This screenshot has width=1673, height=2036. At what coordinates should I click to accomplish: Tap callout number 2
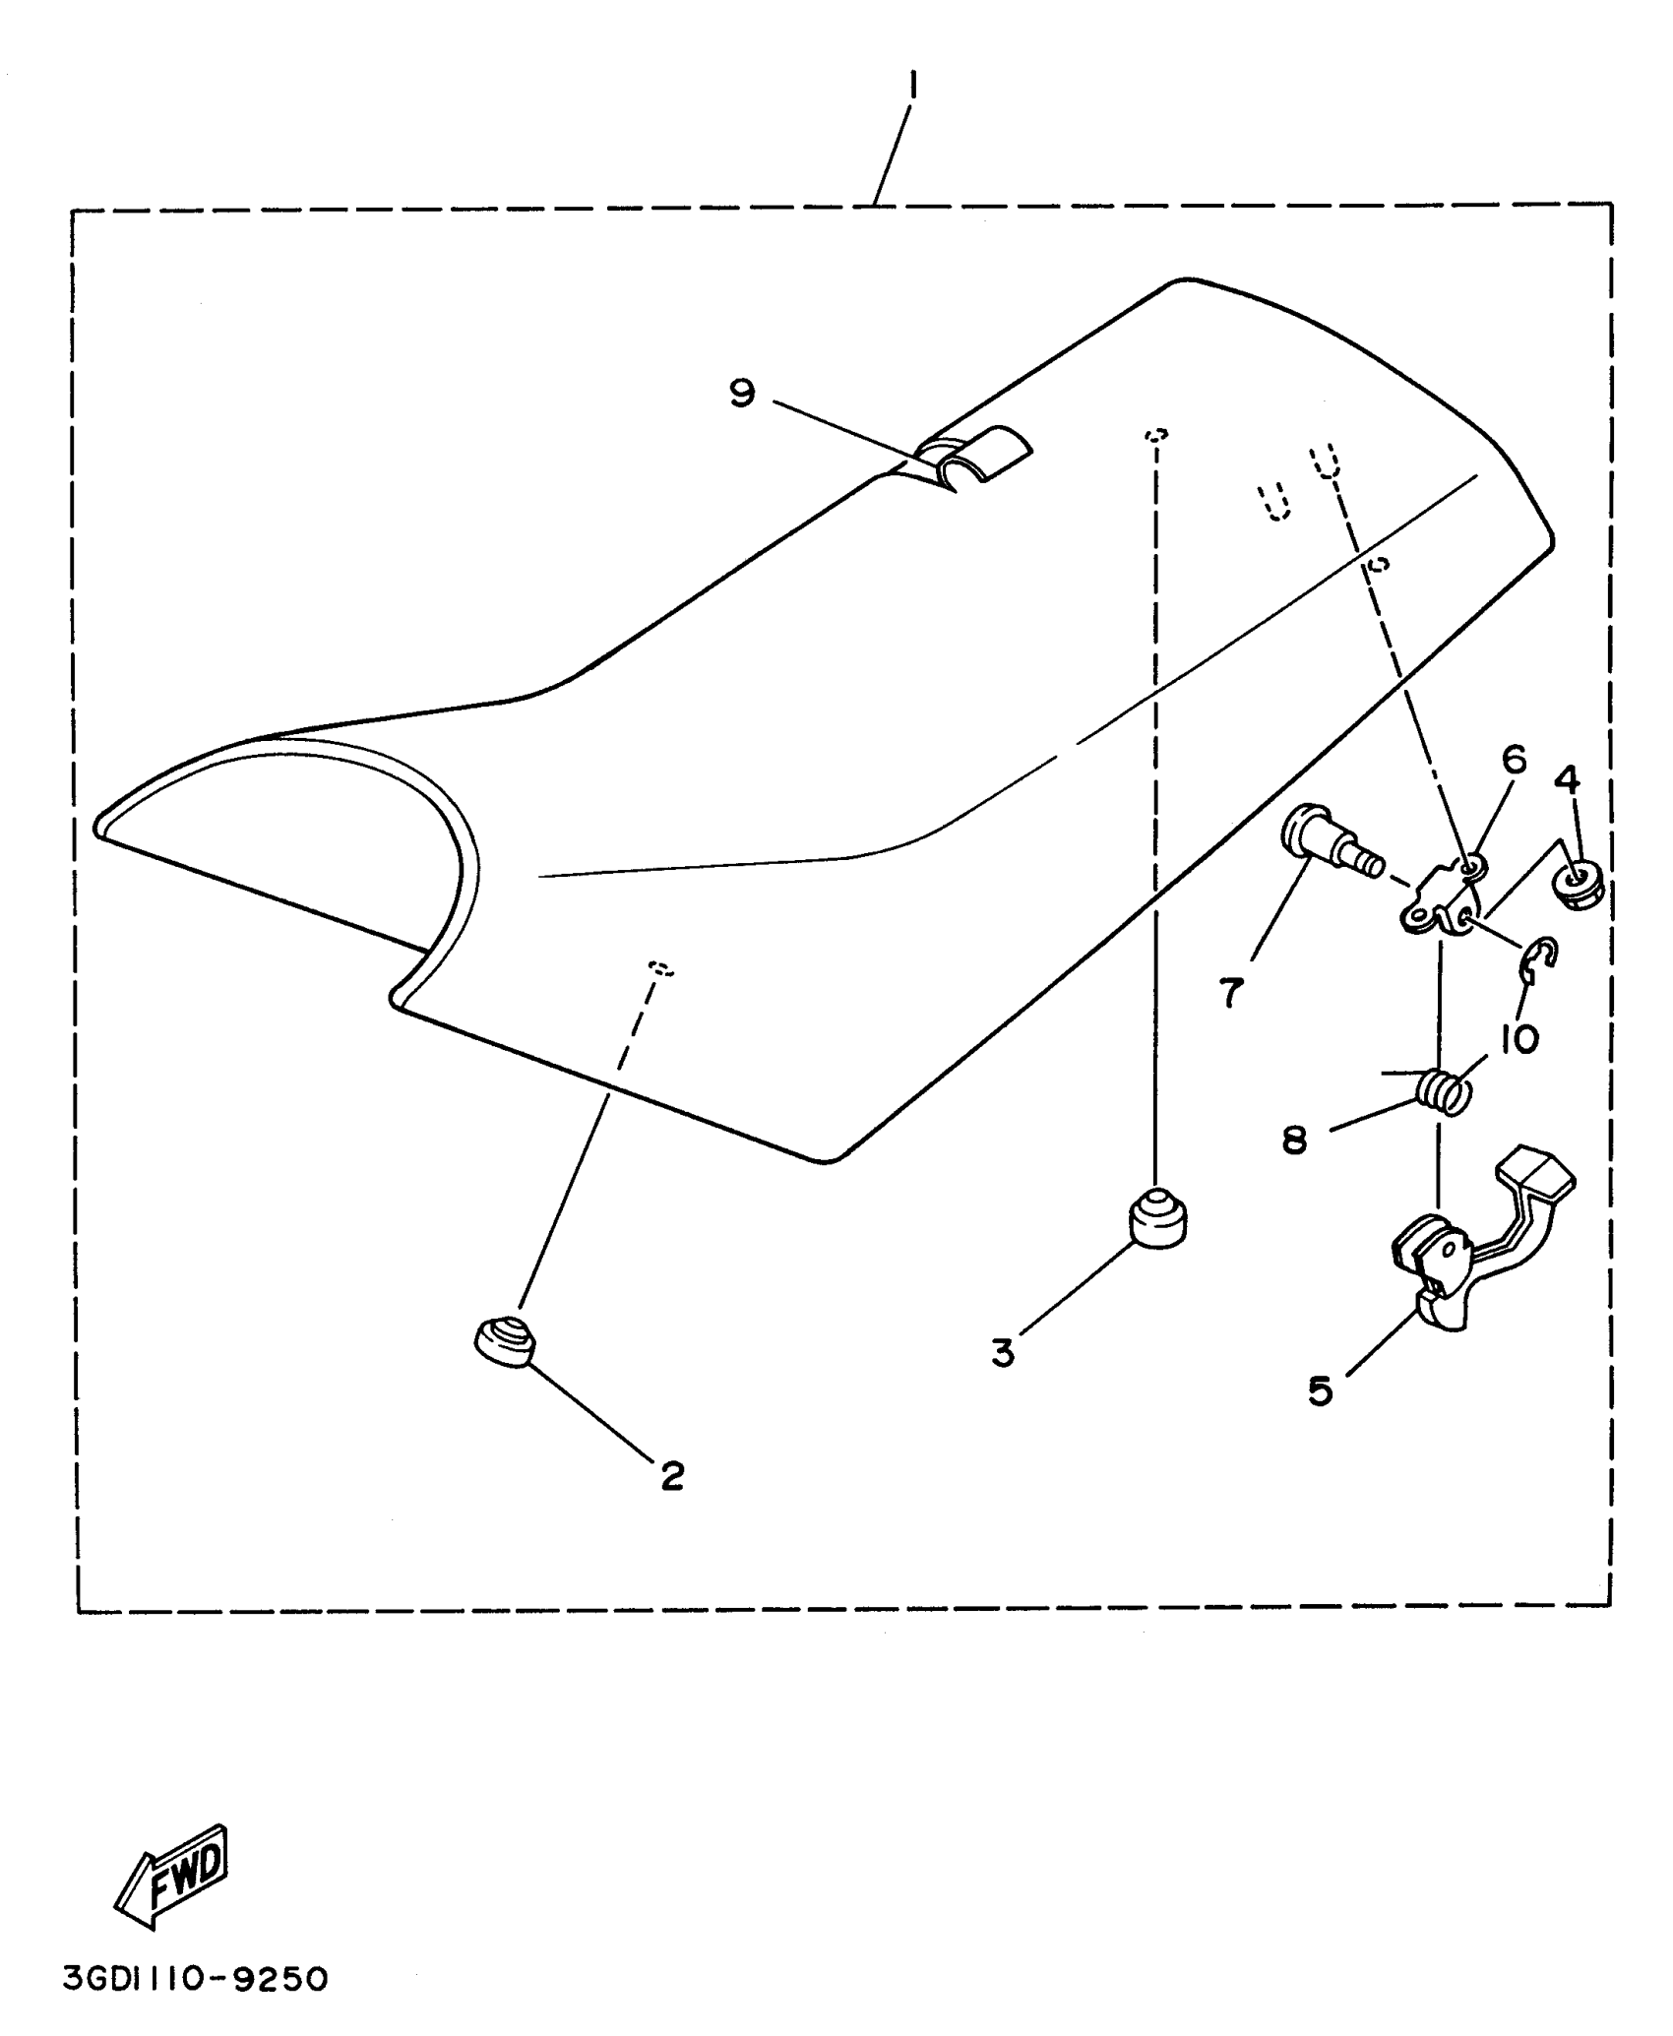coord(672,1503)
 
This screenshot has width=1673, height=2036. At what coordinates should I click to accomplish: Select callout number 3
coord(1002,1354)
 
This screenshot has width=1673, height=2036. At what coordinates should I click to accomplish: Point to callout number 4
coord(1568,780)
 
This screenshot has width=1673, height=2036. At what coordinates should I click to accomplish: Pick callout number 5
coord(1320,1390)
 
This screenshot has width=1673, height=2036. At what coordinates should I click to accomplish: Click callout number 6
coord(1514,759)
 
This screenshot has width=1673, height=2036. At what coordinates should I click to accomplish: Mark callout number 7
coord(1231,993)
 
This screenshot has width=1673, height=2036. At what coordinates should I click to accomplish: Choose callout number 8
coord(1294,1141)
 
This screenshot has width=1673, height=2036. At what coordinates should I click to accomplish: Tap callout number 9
coord(742,394)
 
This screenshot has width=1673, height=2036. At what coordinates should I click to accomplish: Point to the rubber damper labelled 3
coord(1158,1218)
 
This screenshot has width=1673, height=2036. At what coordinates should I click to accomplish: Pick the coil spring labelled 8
coord(1443,1091)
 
